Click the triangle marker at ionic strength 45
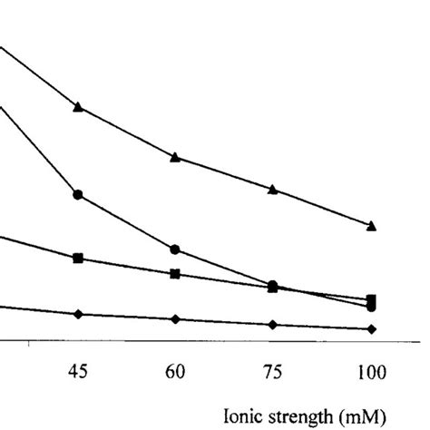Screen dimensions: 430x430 click(x=78, y=107)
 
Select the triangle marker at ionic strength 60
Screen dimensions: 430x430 click(x=175, y=157)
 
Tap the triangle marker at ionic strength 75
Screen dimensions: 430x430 click(x=272, y=189)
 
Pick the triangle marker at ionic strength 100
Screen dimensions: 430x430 click(x=370, y=225)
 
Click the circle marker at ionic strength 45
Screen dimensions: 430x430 click(x=78, y=194)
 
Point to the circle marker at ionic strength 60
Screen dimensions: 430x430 click(x=175, y=249)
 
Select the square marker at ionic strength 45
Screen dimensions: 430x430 click(x=78, y=259)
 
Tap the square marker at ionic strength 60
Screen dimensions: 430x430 click(x=175, y=274)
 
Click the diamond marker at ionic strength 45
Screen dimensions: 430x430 click(x=78, y=314)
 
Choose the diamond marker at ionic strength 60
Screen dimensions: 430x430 click(x=175, y=319)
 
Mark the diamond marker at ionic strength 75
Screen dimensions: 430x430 click(x=272, y=324)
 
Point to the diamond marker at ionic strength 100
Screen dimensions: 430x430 click(x=370, y=328)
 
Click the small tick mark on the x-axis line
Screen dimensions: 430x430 click(x=30, y=344)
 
